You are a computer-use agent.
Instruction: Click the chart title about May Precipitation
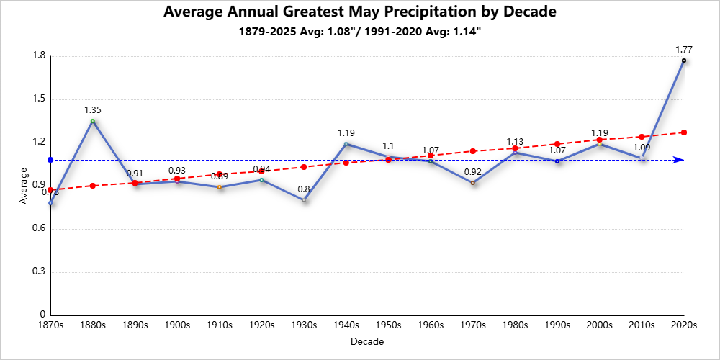tap(360, 12)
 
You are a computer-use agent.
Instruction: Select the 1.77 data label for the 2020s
tap(684, 49)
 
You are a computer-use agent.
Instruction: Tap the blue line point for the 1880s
tap(93, 121)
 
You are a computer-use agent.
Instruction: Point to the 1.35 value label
tap(93, 110)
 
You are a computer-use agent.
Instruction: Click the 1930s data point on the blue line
tap(304, 200)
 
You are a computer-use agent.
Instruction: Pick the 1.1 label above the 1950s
tap(388, 146)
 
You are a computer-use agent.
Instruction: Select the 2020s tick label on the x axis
tap(683, 325)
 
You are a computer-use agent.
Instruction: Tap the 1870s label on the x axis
tap(50, 325)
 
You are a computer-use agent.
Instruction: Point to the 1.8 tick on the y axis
tap(39, 56)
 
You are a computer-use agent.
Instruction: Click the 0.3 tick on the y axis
tap(39, 272)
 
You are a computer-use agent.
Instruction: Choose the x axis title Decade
tap(366, 341)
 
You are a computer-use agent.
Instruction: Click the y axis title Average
tap(24, 186)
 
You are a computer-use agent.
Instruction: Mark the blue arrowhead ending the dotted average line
tap(678, 160)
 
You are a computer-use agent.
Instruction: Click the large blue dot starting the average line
tap(50, 160)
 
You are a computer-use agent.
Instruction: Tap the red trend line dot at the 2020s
tap(683, 132)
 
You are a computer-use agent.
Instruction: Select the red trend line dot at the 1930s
tap(304, 167)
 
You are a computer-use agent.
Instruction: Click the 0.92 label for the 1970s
tap(472, 172)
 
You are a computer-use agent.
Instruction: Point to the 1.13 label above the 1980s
tap(515, 142)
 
